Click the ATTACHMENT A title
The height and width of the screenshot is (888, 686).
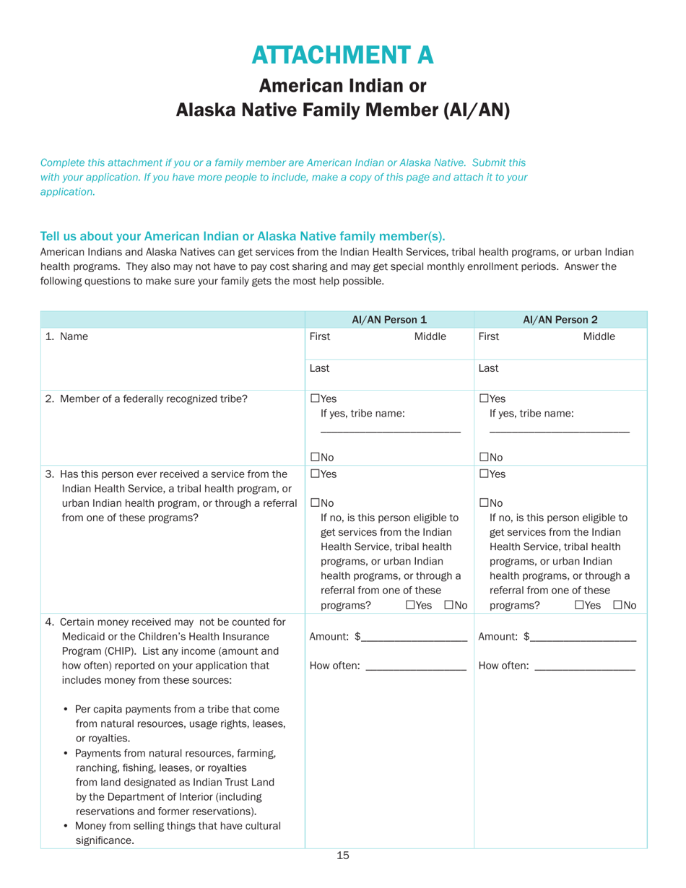click(x=343, y=53)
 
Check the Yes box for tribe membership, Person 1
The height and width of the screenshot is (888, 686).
click(x=314, y=399)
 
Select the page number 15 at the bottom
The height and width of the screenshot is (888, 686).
click(x=343, y=856)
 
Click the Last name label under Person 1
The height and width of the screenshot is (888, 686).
click(x=319, y=367)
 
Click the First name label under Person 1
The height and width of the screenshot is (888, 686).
click(x=320, y=336)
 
